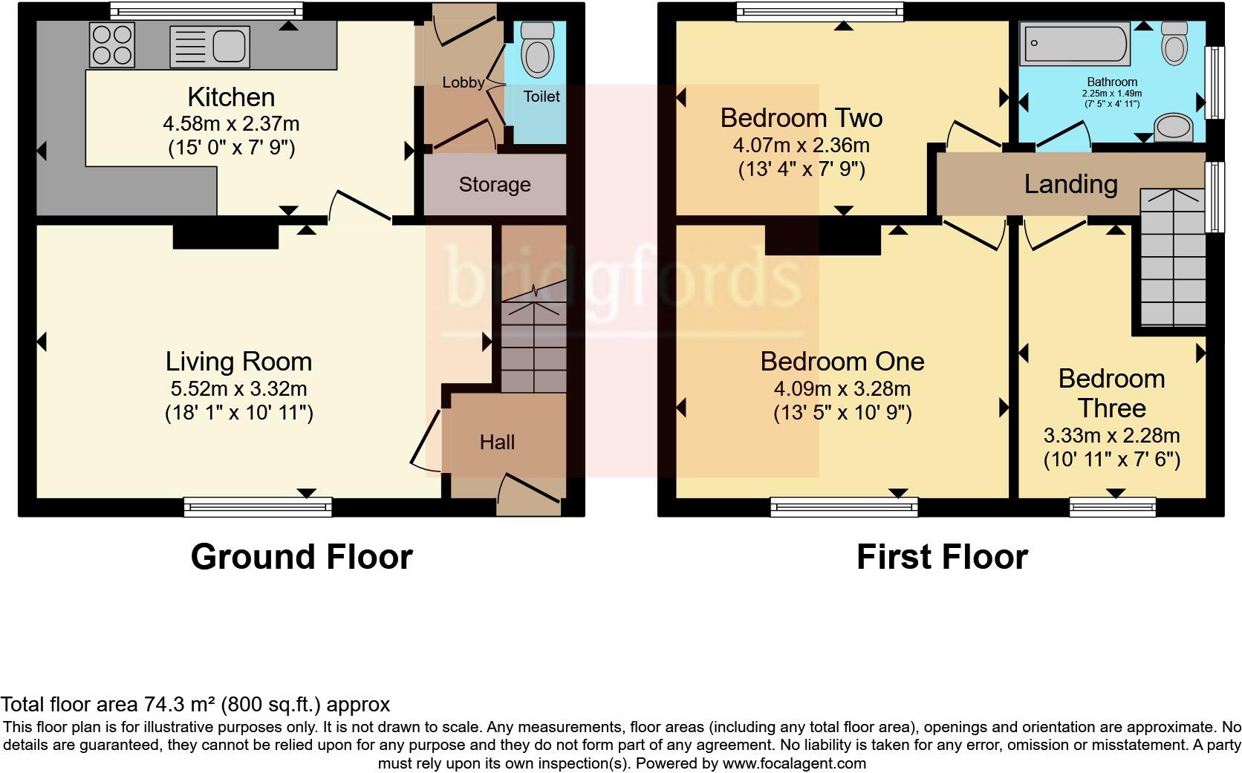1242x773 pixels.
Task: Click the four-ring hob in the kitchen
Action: coord(112,45)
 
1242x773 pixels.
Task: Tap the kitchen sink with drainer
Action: coord(209,47)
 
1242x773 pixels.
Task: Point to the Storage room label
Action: coord(495,185)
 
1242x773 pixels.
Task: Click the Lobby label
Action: coord(464,82)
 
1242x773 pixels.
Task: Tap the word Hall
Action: coord(497,443)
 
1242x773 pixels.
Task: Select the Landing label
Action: coord(1070,184)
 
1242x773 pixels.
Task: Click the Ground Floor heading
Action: coord(301,557)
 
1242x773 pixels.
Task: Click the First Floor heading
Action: coord(941,557)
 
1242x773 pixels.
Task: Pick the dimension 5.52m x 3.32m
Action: coord(238,388)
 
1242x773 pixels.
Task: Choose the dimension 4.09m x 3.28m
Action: coord(842,388)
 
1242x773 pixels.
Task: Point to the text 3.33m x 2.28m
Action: coord(1111,435)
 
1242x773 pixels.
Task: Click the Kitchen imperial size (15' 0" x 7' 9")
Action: coord(231,147)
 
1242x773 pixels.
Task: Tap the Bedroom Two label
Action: coord(801,118)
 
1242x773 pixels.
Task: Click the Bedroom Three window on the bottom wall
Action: coord(1112,507)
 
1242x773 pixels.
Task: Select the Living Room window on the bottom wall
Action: coord(258,507)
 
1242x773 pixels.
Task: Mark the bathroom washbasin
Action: coord(1174,127)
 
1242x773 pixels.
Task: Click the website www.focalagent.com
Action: coord(793,763)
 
